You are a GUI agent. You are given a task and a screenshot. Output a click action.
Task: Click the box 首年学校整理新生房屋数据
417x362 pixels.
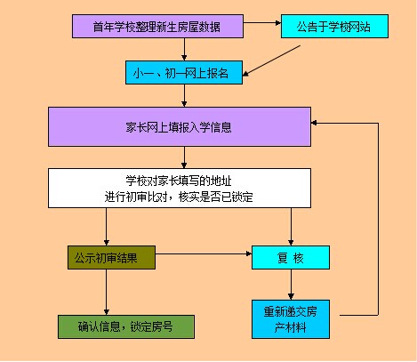(x=157, y=27)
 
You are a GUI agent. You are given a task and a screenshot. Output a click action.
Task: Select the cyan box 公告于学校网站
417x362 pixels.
(x=334, y=27)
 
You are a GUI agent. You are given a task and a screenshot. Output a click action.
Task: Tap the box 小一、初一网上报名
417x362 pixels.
(x=184, y=73)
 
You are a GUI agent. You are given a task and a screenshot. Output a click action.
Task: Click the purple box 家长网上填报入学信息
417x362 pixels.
(x=180, y=127)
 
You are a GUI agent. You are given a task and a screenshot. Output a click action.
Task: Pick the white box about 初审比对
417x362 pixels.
(x=180, y=189)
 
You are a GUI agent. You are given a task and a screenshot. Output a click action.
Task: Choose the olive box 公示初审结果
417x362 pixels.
(x=111, y=258)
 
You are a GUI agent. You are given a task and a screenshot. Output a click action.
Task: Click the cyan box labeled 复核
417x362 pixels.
(x=291, y=258)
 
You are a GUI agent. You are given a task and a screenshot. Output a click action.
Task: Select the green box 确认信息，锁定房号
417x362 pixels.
(x=126, y=326)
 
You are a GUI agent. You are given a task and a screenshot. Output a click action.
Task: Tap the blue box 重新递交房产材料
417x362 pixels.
(x=291, y=319)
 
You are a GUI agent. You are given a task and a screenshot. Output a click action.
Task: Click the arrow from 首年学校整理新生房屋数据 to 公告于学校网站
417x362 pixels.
(x=262, y=23)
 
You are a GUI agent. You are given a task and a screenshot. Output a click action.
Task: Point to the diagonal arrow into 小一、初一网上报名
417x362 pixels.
(x=271, y=60)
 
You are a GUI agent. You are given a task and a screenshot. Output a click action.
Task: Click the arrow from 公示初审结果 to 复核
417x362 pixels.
(x=204, y=253)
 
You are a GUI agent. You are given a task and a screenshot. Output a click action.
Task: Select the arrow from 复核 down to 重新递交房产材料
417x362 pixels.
(x=291, y=285)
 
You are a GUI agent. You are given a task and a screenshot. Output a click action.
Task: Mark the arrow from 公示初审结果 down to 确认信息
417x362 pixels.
(x=107, y=293)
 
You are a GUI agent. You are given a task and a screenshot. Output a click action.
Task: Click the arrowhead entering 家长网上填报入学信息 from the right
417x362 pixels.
(x=314, y=123)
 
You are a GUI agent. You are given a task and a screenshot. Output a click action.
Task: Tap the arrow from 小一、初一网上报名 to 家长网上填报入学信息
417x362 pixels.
(x=184, y=96)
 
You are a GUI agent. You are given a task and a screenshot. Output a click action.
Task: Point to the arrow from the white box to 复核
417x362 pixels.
(x=291, y=227)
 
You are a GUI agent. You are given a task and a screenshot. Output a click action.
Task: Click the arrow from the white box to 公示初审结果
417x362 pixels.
(x=107, y=227)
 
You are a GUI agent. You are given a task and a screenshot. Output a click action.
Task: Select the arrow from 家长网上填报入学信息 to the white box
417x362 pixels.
(x=184, y=157)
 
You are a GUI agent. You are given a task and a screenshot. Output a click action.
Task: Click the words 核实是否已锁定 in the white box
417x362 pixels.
(x=216, y=197)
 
